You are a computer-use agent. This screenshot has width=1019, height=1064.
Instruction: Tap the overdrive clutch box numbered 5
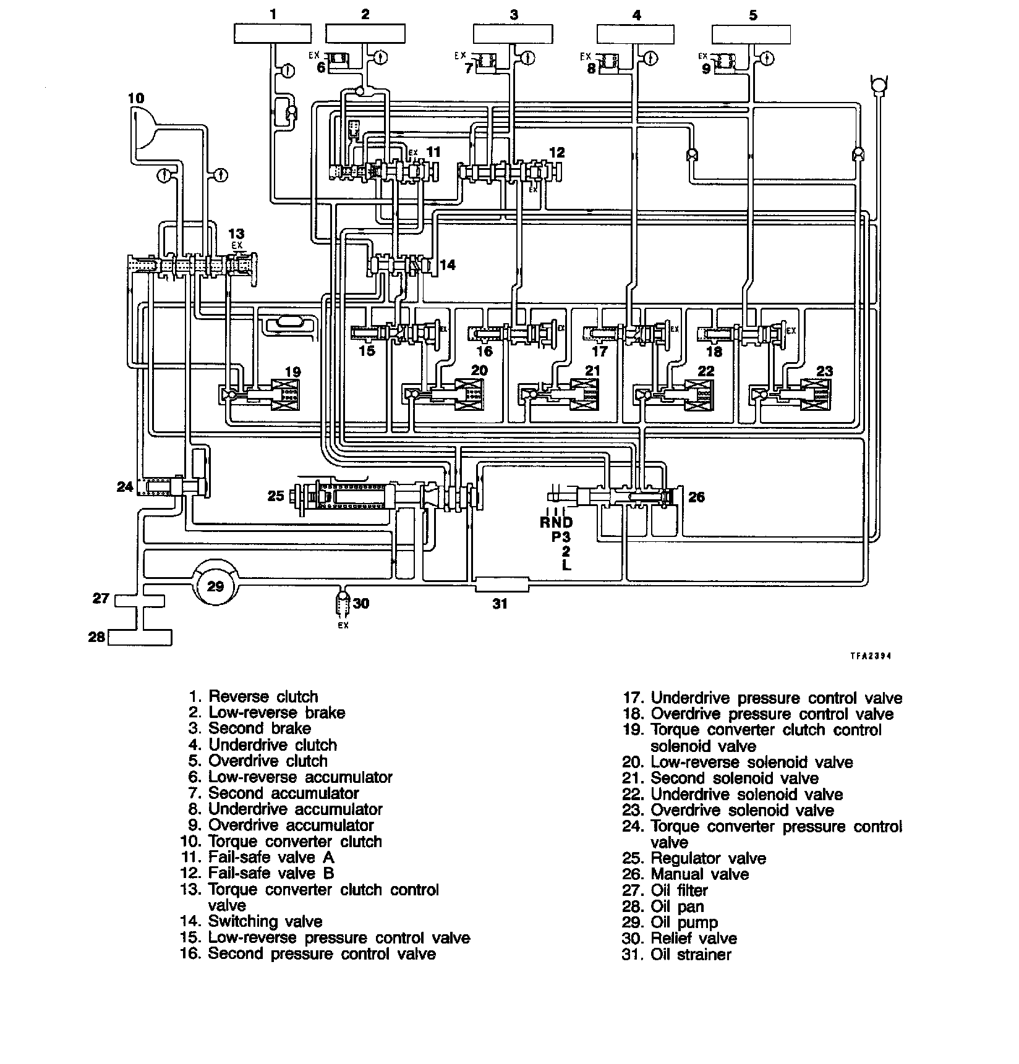point(751,34)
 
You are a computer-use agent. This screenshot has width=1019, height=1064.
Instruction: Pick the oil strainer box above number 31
point(501,584)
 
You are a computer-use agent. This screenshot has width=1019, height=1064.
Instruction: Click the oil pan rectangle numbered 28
point(140,637)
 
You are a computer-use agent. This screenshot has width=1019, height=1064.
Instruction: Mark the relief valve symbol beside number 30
point(343,604)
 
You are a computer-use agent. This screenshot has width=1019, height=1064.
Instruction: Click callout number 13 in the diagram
point(236,234)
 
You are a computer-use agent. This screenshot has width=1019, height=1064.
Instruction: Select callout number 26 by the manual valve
point(697,497)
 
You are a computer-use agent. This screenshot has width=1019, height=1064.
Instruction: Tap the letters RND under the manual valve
point(556,522)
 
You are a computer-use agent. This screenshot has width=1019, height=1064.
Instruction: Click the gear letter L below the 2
point(566,565)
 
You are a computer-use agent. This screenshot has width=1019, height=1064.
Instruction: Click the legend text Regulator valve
point(708,858)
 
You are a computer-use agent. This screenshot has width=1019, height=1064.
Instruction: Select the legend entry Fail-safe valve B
point(271,873)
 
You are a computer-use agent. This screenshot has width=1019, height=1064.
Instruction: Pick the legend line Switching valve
point(265,921)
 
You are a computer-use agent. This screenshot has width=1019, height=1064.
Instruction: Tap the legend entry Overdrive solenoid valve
point(742,810)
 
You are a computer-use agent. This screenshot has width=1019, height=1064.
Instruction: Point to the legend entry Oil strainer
point(691,955)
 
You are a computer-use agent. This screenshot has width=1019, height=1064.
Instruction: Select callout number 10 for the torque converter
point(136,98)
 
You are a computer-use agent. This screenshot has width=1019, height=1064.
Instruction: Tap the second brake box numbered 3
point(513,34)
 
